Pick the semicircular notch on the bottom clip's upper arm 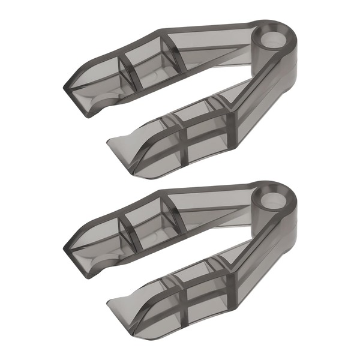pyautogui.click(x=102, y=257)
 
